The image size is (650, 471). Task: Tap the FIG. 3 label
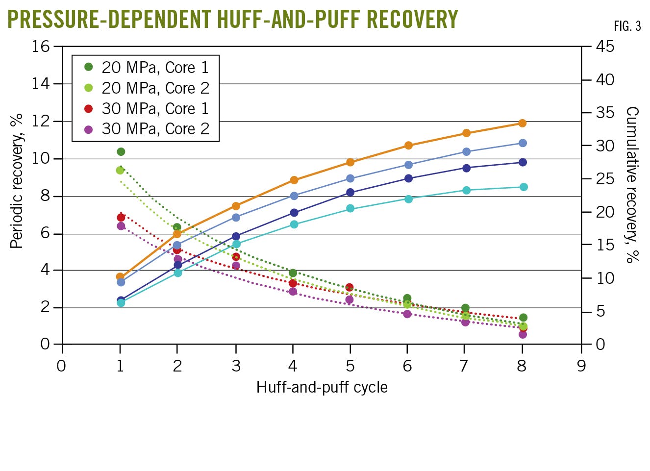(x=627, y=26)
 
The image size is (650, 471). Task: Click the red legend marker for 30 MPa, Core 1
(x=88, y=108)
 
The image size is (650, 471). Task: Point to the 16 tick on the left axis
(x=41, y=47)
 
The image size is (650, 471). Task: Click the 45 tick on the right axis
(x=605, y=47)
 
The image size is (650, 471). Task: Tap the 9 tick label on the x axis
(x=581, y=366)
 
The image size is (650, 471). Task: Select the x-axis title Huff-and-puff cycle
(x=322, y=387)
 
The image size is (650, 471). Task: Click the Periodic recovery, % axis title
(x=17, y=181)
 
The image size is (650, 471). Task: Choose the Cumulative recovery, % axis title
(x=633, y=185)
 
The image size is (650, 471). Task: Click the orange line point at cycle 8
(x=523, y=123)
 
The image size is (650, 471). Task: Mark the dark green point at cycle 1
(x=121, y=151)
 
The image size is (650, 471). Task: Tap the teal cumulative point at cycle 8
(x=524, y=187)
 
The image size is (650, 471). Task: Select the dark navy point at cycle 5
(x=350, y=192)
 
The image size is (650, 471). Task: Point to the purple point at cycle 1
(x=121, y=226)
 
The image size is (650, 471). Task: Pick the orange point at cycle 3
(x=236, y=206)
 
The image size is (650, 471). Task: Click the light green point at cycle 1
(x=120, y=170)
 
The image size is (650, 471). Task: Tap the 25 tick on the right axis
(x=605, y=179)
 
